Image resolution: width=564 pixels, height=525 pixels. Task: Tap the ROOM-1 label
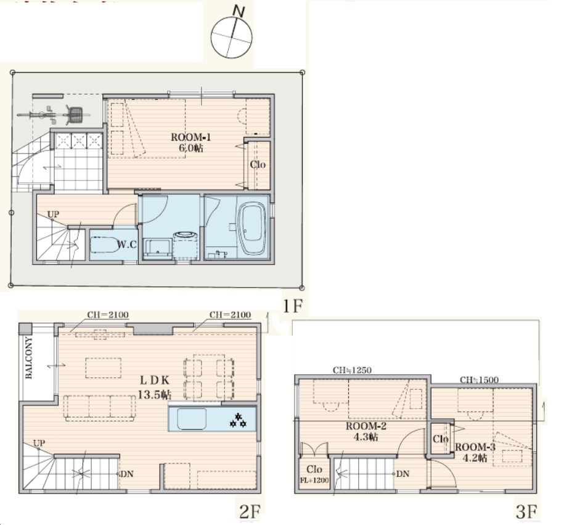[190, 137]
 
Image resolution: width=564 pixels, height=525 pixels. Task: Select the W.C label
[127, 244]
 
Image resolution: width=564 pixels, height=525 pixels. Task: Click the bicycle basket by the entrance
[76, 115]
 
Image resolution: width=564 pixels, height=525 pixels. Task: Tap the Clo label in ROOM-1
[258, 165]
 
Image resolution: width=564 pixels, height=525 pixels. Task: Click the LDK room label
[154, 380]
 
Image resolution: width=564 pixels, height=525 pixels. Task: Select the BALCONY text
[29, 358]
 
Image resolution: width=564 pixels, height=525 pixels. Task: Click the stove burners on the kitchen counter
[238, 421]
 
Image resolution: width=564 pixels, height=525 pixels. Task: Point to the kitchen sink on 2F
[192, 419]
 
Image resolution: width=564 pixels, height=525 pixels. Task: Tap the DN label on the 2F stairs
[126, 474]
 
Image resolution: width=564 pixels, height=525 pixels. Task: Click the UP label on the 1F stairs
[53, 215]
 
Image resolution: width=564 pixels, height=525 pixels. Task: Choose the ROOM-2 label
[366, 426]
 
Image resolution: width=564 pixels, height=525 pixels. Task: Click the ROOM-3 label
[475, 447]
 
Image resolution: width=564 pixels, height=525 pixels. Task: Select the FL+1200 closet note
[314, 481]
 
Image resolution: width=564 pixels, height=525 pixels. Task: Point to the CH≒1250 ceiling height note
[352, 370]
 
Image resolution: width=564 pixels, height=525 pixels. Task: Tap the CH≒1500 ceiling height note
[479, 380]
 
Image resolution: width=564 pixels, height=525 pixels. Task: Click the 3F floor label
[526, 511]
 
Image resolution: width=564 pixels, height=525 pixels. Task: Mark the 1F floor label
[292, 306]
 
